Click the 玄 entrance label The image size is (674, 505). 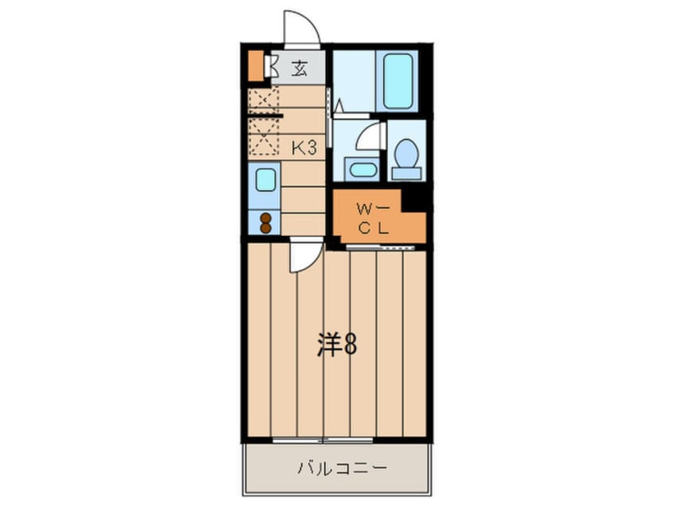click(x=300, y=69)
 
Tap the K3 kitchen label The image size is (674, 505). click(x=304, y=148)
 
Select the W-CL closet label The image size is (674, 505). click(x=373, y=219)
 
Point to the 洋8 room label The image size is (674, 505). click(x=337, y=344)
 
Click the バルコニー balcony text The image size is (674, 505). click(x=343, y=468)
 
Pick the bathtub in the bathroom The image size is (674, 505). click(x=398, y=80)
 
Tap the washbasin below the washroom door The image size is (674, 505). click(x=362, y=169)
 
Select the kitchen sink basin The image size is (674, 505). click(x=265, y=179)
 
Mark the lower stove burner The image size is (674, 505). click(x=265, y=229)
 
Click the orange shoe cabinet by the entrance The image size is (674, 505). click(x=257, y=65)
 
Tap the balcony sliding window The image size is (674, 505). click(x=323, y=440)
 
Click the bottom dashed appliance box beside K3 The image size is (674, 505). click(x=264, y=136)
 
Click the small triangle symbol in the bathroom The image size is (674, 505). click(x=339, y=105)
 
